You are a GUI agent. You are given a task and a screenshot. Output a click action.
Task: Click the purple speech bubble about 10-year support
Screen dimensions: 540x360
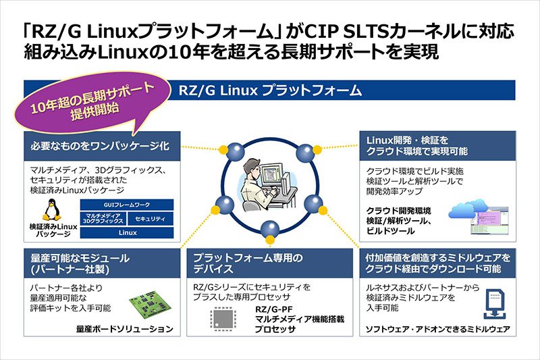click(93, 103)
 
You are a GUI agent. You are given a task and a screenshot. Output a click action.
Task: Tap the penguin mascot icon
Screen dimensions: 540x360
click(52, 209)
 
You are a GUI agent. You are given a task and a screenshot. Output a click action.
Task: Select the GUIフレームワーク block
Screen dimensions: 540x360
click(127, 205)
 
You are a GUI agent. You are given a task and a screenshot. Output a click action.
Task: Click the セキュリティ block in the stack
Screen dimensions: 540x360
click(150, 219)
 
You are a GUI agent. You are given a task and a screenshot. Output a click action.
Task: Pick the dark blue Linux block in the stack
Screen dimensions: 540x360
click(127, 233)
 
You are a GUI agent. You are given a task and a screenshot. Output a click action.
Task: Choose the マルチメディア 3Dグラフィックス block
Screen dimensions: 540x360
click(103, 219)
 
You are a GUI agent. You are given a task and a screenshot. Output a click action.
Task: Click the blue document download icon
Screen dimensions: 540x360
click(494, 304)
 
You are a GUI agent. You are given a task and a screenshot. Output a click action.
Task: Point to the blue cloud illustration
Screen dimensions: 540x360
click(468, 209)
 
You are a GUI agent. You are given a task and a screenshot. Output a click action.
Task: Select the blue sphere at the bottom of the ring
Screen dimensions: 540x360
click(270, 230)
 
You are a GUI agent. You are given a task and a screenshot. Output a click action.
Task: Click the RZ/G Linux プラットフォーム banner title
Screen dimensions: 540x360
click(270, 91)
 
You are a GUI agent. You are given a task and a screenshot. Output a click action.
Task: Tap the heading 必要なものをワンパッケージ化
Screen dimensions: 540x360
click(100, 146)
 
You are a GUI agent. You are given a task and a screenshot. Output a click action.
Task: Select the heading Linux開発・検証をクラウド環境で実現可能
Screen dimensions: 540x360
click(416, 146)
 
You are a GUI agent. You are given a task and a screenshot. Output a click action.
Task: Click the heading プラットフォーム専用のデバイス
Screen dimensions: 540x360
click(248, 263)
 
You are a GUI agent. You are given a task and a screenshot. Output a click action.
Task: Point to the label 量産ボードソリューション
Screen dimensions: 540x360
click(125, 329)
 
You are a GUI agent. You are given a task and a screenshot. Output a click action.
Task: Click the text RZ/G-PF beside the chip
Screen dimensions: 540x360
click(274, 309)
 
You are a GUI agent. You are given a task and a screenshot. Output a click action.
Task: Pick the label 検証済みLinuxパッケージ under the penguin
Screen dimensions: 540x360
click(53, 230)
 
